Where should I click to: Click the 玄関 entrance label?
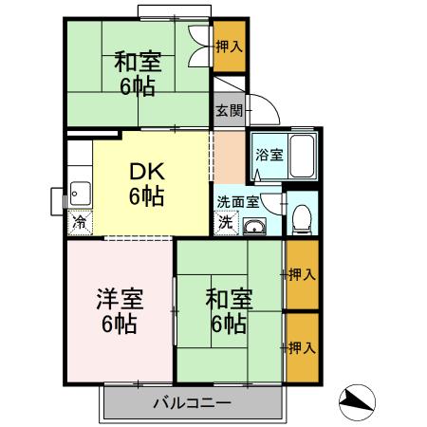point(228,110)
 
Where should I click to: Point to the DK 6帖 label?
point(146,184)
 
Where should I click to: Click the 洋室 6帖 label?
point(119,311)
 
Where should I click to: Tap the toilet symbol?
point(303,217)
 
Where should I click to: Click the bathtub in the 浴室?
point(302,156)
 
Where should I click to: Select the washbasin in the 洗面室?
point(254,226)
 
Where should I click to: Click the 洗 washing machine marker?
point(226,224)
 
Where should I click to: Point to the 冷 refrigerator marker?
point(79,224)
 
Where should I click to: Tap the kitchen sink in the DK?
point(77,194)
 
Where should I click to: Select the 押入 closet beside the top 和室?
point(229,46)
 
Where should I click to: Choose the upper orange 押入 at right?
point(303,274)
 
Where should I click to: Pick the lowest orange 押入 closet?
point(303,347)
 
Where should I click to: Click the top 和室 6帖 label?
point(138,74)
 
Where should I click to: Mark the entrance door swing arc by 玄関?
point(267,113)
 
